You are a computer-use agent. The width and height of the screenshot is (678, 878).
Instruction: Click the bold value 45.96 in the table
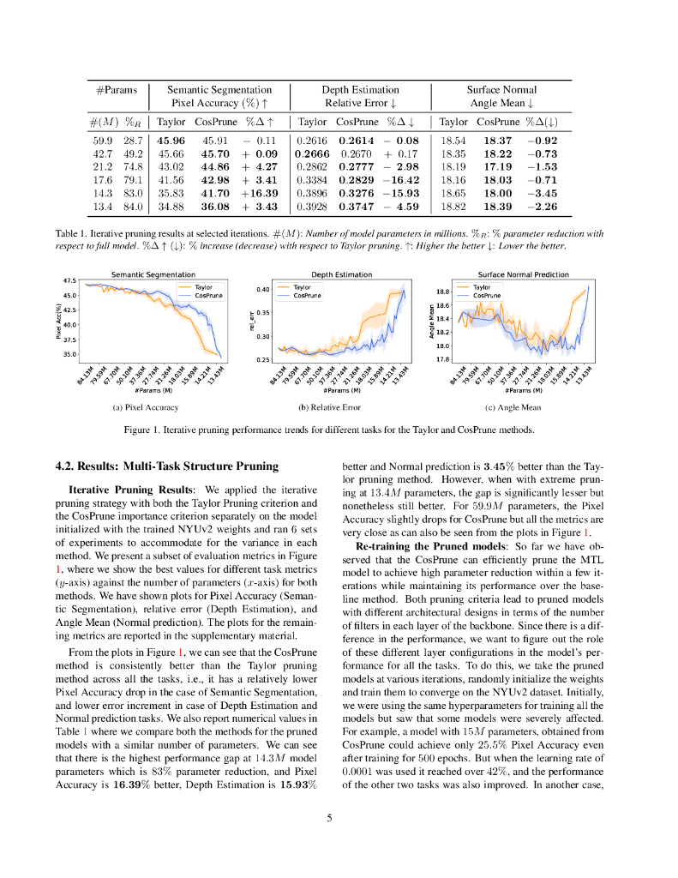[x=171, y=140]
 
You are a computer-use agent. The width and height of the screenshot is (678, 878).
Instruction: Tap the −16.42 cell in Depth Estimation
[x=400, y=181]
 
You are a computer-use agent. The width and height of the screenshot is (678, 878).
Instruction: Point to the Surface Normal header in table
[x=501, y=89]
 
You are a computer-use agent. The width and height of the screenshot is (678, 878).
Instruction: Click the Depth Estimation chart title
[x=340, y=274]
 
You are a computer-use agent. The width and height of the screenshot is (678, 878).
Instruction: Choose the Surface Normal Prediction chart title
[x=523, y=274]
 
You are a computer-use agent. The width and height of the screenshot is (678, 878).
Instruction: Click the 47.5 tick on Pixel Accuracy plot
[x=69, y=280]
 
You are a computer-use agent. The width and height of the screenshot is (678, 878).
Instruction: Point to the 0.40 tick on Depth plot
[x=264, y=290]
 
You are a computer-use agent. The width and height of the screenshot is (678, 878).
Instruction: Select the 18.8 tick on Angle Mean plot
[x=443, y=292]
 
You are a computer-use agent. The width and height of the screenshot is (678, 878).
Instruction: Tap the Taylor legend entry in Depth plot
[x=302, y=287]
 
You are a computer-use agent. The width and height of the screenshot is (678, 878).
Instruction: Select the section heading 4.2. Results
[x=166, y=466]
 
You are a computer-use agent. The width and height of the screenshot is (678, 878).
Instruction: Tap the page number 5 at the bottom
[x=329, y=817]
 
